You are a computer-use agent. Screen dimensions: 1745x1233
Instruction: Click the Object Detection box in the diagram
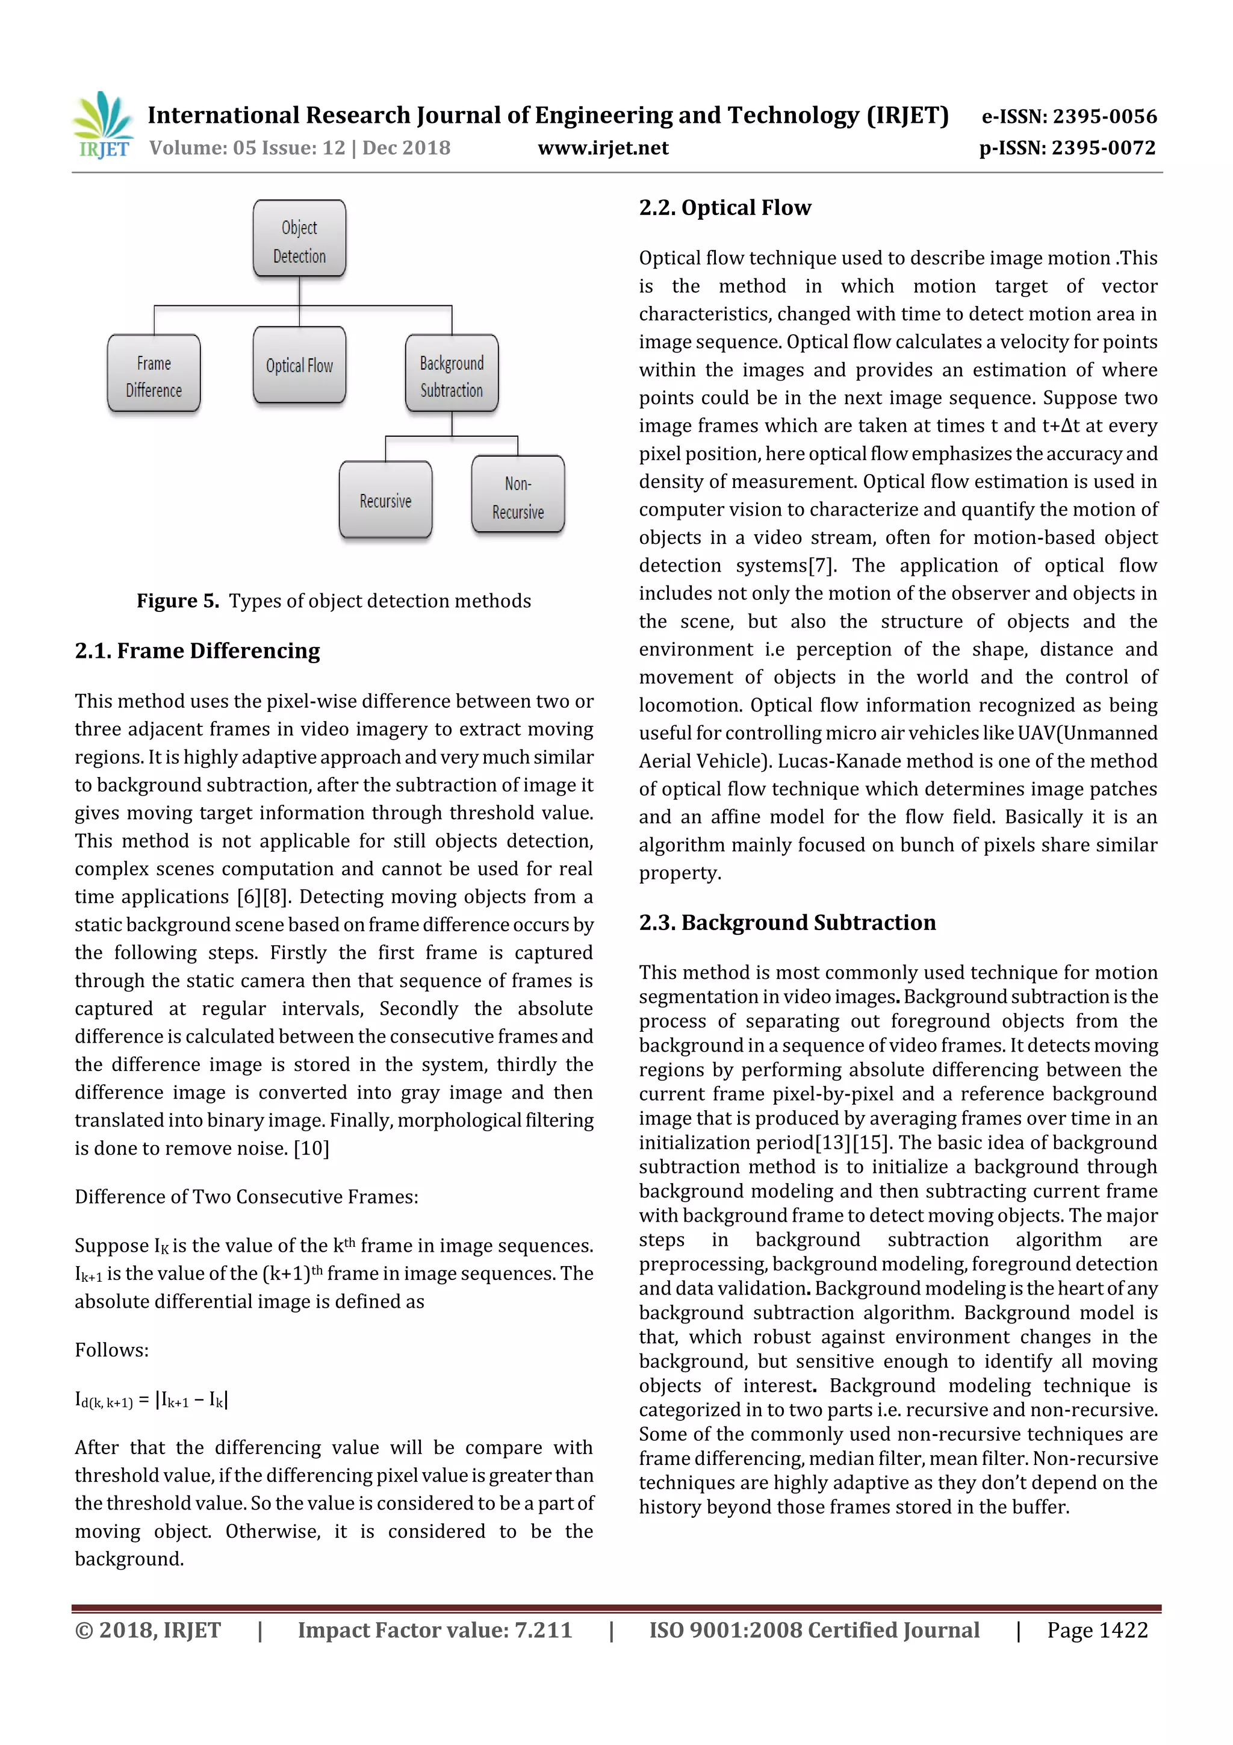(299, 239)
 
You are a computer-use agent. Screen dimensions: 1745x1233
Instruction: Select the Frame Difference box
(154, 374)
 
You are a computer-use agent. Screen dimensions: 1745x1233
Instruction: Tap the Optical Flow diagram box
(299, 366)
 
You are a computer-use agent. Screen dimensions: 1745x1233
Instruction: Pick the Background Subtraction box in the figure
(452, 374)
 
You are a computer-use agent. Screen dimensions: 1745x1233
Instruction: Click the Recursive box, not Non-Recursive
(385, 500)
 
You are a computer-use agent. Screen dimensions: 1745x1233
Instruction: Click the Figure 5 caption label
(178, 601)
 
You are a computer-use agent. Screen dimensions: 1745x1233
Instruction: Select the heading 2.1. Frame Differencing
(197, 651)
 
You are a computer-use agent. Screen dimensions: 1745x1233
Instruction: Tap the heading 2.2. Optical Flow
(725, 207)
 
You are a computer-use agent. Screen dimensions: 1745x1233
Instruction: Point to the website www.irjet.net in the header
(603, 148)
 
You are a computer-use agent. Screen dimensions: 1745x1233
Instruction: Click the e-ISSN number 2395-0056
(1104, 116)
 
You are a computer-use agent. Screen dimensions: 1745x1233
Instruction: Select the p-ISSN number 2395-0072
(1103, 148)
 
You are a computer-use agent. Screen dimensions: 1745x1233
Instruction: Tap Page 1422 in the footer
(1097, 1629)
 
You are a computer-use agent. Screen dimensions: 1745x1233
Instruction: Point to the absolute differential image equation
(151, 1399)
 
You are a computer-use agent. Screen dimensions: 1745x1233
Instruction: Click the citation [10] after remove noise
(311, 1149)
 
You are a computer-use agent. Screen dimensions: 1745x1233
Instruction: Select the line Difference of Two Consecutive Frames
(246, 1197)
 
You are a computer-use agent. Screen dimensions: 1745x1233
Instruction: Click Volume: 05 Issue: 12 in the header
(247, 148)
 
